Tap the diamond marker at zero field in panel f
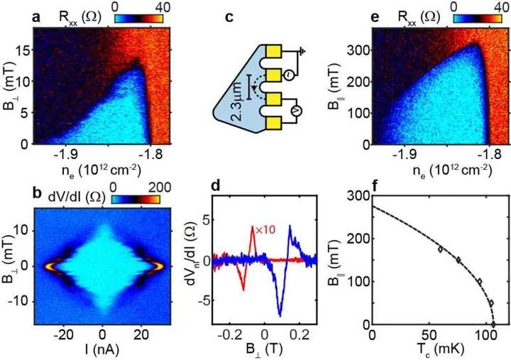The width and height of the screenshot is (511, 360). click(494, 324)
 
